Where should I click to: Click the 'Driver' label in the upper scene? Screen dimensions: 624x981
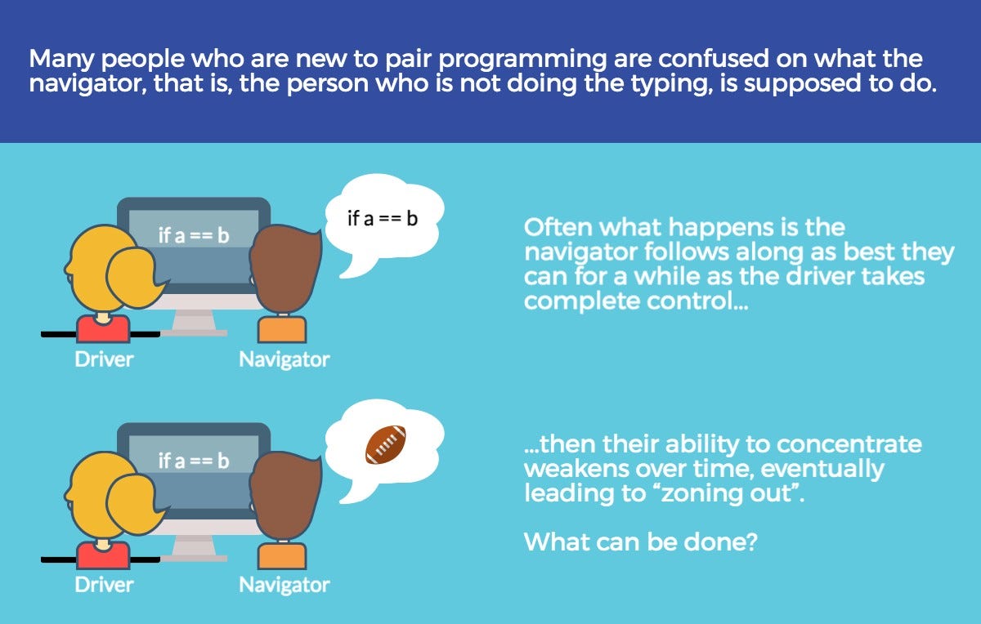(104, 359)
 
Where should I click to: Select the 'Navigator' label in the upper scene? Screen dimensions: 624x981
(284, 359)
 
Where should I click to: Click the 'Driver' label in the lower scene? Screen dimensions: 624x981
(104, 585)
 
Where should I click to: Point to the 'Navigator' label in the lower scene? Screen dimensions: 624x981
(284, 585)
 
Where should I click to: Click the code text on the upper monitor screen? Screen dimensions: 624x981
(194, 236)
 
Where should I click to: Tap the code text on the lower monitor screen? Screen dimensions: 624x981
(194, 461)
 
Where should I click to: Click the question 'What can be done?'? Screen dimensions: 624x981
(640, 541)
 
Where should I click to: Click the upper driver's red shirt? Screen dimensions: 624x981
(103, 330)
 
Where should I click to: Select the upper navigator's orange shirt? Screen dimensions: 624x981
(282, 328)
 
